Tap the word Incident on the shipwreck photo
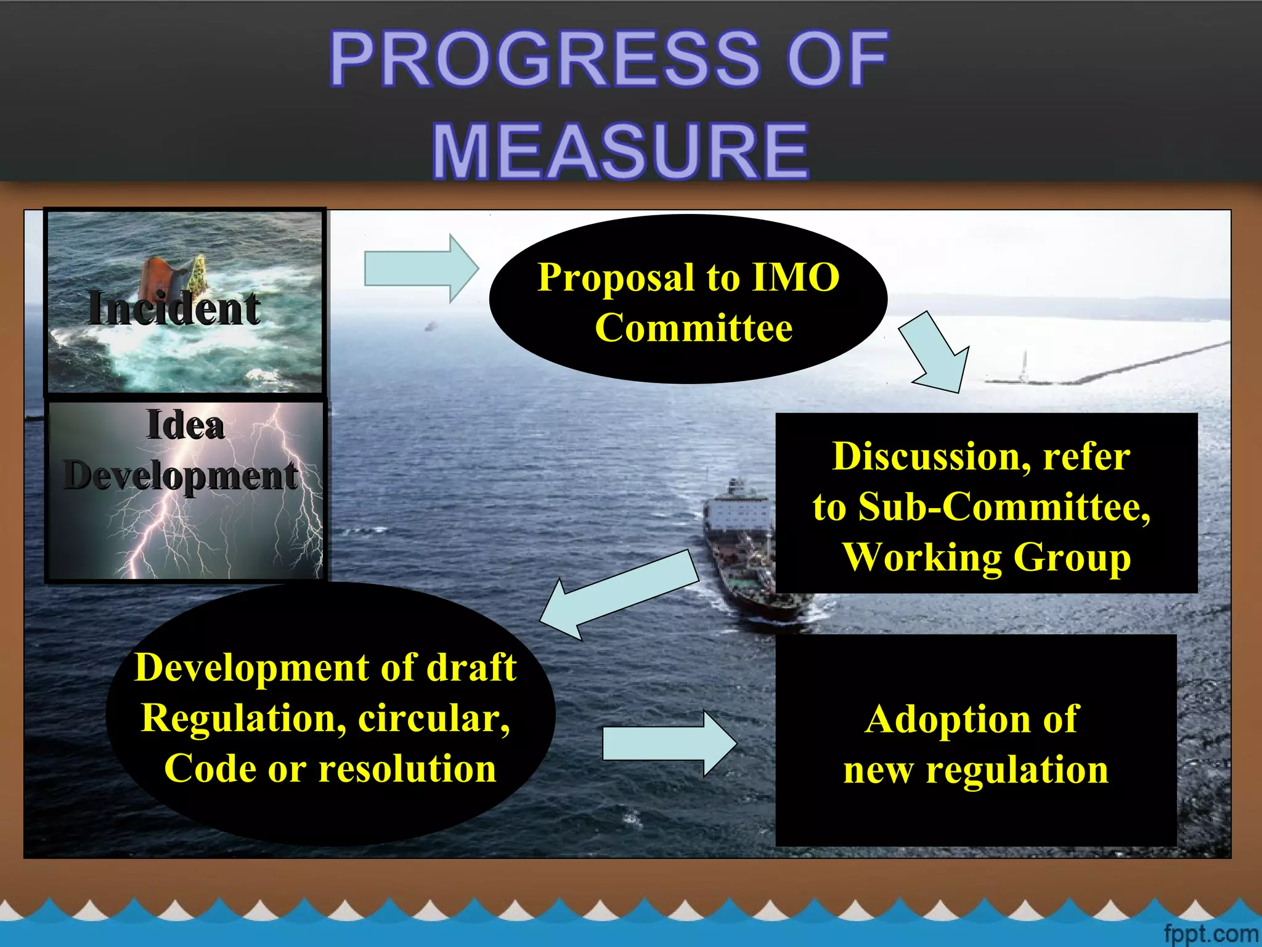pos(174,308)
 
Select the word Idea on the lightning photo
pos(185,425)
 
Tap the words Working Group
pos(986,557)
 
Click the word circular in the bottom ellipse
pos(434,718)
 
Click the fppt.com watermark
pos(1210,933)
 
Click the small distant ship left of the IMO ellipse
pos(430,326)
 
